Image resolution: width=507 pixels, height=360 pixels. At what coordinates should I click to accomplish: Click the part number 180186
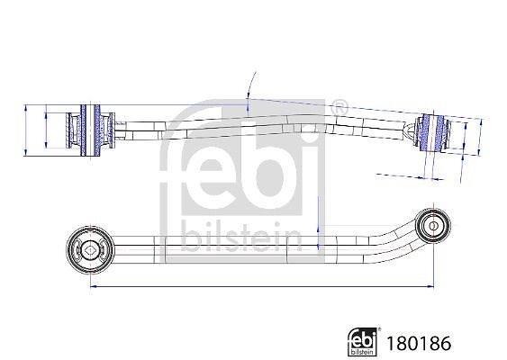[419, 344]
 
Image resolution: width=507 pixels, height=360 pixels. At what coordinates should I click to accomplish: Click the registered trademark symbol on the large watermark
[340, 107]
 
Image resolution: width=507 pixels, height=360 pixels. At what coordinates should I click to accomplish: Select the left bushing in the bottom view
[90, 250]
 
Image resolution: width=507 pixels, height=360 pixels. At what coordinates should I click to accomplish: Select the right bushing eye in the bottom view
[432, 225]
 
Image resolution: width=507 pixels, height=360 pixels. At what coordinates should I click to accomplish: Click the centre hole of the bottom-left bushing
[89, 250]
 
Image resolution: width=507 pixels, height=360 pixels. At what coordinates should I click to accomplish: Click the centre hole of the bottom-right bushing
[432, 225]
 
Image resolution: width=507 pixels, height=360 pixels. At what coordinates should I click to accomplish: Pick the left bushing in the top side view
[90, 130]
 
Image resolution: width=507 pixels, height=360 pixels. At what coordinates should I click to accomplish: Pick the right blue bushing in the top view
[432, 131]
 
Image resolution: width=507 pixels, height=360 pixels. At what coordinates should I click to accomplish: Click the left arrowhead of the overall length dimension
[94, 286]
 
